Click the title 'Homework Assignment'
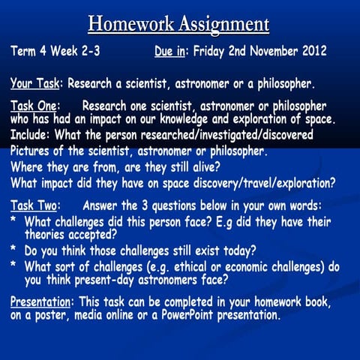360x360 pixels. click(178, 23)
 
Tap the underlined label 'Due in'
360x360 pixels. click(171, 52)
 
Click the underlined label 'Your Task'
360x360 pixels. click(34, 82)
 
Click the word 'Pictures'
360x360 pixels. click(31, 151)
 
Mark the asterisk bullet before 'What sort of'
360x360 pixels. click(14, 268)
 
